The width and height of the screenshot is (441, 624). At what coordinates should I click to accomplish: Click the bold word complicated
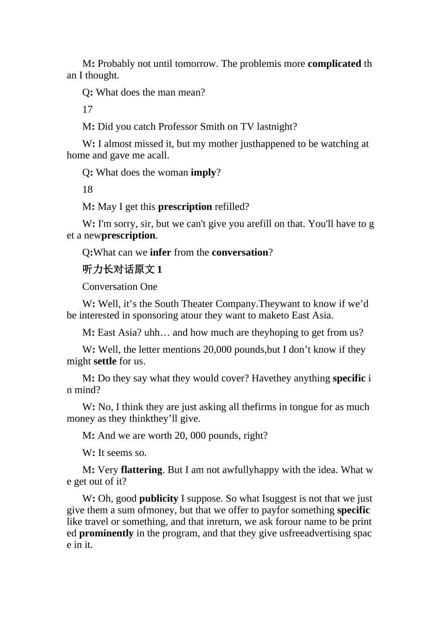(334, 64)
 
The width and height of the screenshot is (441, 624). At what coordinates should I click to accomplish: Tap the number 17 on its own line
(87, 110)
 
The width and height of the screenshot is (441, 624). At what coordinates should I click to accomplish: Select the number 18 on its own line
(87, 189)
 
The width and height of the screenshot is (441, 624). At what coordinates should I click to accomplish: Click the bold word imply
(203, 173)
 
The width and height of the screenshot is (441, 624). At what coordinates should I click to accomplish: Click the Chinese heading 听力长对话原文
(119, 270)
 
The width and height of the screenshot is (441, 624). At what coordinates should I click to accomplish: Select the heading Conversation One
(120, 287)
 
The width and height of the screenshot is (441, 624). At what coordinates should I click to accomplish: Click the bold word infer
(160, 253)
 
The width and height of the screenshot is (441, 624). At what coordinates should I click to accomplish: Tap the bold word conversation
(240, 253)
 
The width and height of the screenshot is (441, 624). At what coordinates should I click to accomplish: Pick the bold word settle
(105, 361)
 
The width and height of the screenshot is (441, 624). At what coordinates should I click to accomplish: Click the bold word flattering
(142, 470)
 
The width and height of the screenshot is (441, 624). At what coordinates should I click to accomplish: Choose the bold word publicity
(159, 499)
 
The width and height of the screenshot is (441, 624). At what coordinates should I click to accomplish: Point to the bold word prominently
(106, 533)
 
